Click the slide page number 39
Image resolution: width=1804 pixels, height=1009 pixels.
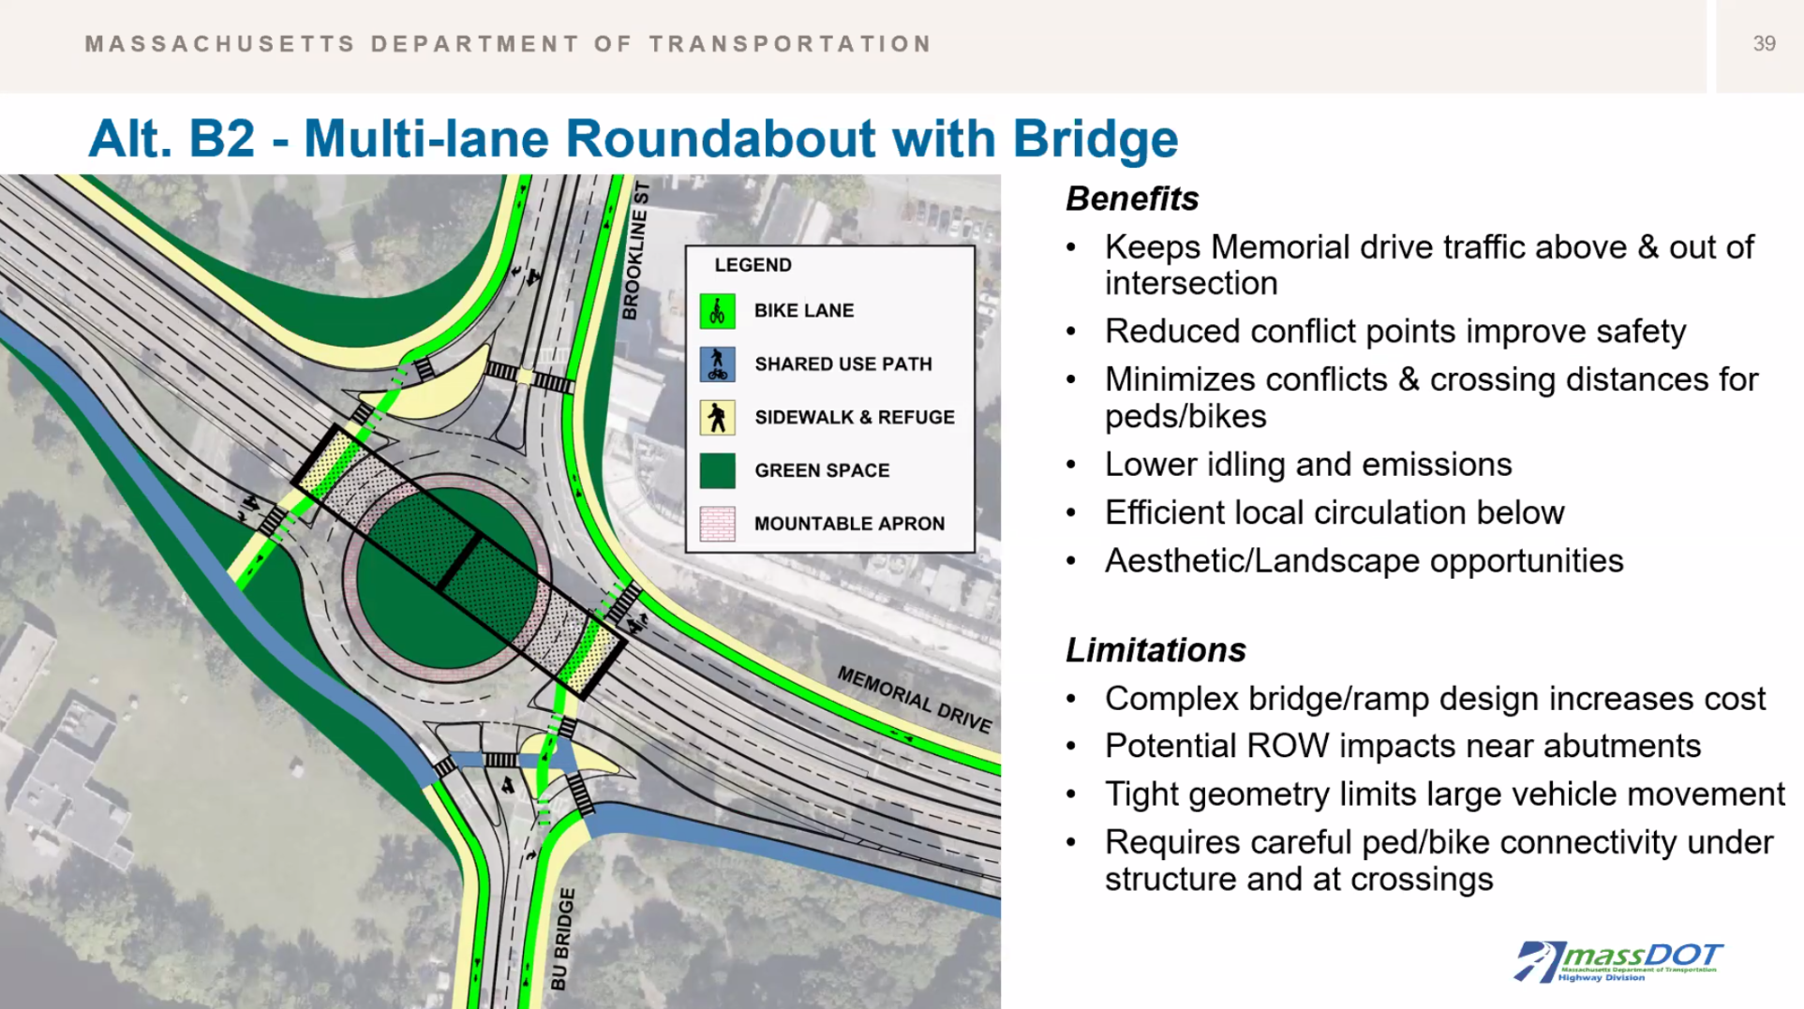click(x=1764, y=44)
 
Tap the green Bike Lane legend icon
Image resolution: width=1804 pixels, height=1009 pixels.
click(x=717, y=311)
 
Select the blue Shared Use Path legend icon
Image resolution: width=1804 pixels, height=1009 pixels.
click(x=717, y=364)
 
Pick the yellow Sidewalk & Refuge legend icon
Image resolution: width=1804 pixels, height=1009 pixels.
click(x=717, y=417)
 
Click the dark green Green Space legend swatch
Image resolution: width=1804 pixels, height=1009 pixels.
click(x=717, y=470)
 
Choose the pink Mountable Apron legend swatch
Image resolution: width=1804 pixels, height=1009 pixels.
click(x=717, y=524)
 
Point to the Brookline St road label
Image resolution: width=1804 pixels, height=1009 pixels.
click(x=635, y=251)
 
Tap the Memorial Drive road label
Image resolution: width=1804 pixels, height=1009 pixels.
click(x=914, y=699)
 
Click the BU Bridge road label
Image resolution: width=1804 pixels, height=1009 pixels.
click(x=562, y=939)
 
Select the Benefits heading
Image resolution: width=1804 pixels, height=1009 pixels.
click(x=1132, y=199)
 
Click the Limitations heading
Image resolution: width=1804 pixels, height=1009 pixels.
click(x=1155, y=650)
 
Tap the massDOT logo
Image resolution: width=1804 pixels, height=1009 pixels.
click(x=1618, y=961)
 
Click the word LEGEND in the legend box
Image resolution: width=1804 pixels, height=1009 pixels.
click(x=753, y=265)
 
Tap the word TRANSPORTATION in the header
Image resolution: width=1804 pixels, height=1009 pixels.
click(x=790, y=44)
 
